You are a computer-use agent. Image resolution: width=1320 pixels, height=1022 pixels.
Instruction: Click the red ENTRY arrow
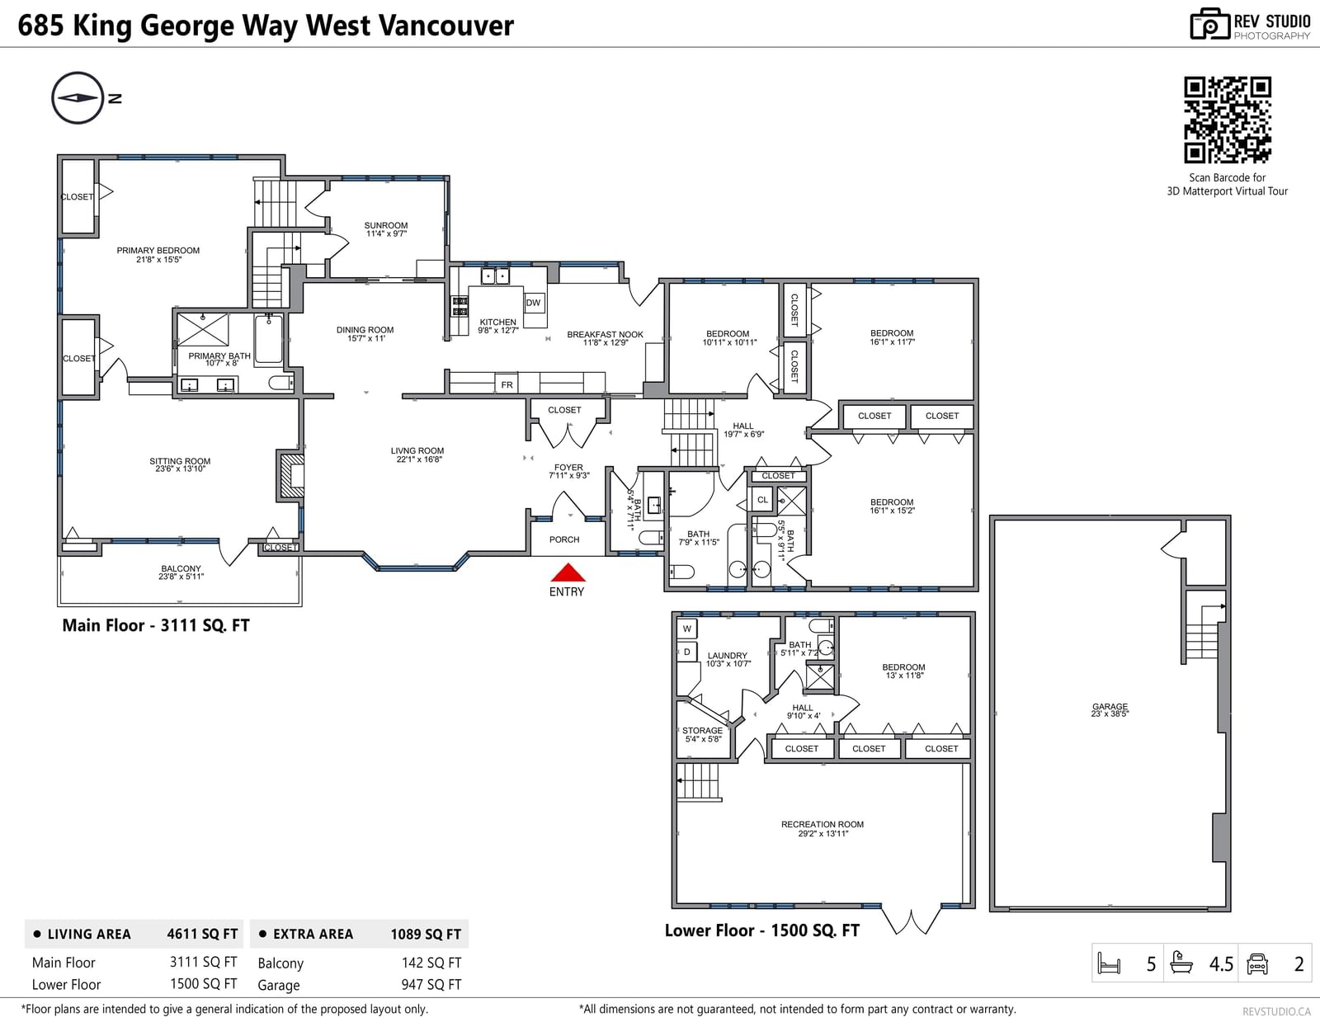568,572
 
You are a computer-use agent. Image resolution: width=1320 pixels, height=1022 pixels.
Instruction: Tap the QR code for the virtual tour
1227,120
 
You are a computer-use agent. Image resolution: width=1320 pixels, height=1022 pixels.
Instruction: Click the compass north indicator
78,98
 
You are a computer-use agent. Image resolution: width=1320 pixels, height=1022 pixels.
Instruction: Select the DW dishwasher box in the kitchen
533,303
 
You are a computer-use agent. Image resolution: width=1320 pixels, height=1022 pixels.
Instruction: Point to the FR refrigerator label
507,384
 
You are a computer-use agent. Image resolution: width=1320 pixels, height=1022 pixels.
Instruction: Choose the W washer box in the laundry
687,629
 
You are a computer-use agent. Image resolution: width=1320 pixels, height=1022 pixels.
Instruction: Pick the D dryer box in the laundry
687,652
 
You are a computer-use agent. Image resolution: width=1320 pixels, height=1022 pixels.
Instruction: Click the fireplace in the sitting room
290,475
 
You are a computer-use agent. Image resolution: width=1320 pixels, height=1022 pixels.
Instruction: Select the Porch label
564,539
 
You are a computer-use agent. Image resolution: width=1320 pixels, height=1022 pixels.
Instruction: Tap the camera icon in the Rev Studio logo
1209,24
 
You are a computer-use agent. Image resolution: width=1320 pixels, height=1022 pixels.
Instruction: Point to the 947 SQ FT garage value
431,984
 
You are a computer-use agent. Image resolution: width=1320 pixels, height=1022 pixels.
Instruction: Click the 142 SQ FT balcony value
431,963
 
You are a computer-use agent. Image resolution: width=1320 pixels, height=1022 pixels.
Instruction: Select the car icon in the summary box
1256,963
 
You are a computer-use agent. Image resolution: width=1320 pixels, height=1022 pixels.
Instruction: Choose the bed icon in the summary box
1109,963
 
